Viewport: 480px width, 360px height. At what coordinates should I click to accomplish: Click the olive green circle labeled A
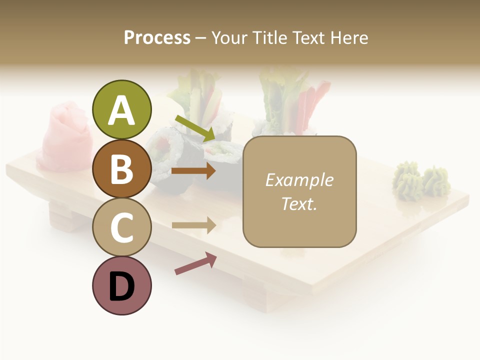click(121, 110)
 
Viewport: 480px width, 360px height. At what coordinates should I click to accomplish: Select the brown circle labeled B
click(121, 168)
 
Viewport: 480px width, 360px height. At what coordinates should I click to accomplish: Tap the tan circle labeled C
click(121, 227)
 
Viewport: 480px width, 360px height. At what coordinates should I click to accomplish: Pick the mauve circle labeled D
click(121, 285)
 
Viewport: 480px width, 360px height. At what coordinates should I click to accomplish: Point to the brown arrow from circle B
click(193, 171)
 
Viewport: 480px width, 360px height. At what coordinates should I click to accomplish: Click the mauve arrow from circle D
click(195, 263)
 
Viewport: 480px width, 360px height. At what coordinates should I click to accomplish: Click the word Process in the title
click(157, 38)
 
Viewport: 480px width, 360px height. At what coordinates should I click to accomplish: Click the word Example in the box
click(299, 180)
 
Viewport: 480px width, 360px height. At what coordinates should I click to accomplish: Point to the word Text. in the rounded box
click(299, 203)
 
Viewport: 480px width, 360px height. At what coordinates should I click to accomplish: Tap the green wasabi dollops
click(421, 179)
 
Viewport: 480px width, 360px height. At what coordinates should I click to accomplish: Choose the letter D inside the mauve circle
click(121, 286)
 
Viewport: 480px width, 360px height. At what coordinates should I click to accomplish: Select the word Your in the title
click(229, 38)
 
